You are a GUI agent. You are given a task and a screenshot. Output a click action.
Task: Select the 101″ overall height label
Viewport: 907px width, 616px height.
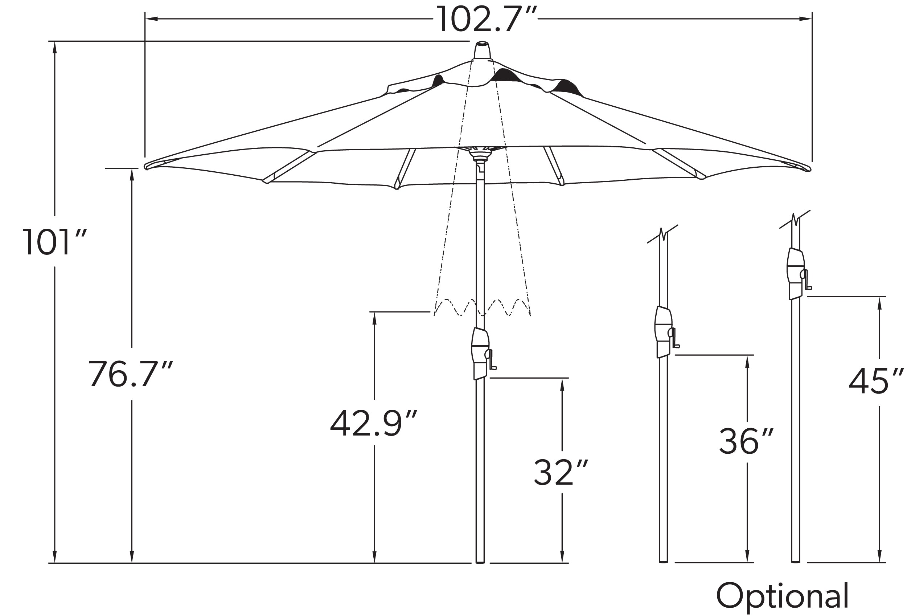point(54,242)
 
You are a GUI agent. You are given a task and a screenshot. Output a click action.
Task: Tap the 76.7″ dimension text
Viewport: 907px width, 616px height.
point(130,374)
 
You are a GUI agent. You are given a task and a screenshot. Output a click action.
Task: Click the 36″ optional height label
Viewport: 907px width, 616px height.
point(746,441)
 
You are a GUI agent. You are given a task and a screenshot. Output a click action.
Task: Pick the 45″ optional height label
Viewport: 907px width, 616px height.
point(876,381)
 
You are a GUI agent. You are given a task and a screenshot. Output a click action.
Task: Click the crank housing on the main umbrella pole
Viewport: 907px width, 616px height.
point(480,354)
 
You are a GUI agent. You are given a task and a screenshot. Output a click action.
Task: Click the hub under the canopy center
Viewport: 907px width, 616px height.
point(480,154)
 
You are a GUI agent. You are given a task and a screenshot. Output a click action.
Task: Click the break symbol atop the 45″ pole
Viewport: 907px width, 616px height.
point(795,220)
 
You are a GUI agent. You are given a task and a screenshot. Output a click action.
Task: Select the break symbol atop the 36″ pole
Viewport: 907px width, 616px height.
point(662,234)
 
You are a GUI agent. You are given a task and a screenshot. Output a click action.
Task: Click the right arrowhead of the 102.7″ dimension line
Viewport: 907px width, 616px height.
point(805,19)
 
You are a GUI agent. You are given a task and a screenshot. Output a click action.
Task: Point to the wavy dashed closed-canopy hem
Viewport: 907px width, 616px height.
point(483,307)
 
